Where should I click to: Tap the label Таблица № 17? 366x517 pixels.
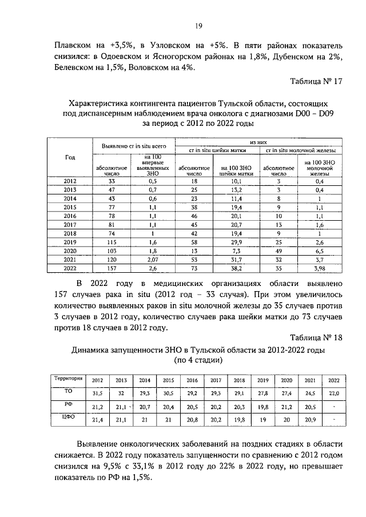pyautogui.click(x=315, y=81)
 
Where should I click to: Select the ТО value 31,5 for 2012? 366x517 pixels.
pyautogui.click(x=98, y=394)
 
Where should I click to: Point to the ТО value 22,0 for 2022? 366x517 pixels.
pyautogui.click(x=333, y=394)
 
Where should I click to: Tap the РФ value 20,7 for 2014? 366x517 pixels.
pyautogui.click(x=145, y=407)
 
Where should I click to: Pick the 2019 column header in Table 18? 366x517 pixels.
pyautogui.click(x=263, y=380)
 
